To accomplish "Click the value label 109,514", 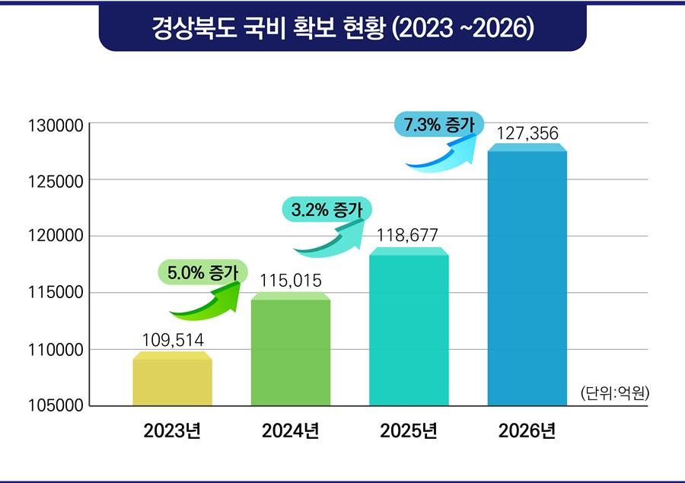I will coord(173,339).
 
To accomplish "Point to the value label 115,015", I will coord(290,281).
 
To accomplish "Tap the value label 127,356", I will coord(527,134).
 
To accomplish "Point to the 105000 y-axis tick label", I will coord(54,406).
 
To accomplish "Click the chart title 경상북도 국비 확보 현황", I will coord(342,29).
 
